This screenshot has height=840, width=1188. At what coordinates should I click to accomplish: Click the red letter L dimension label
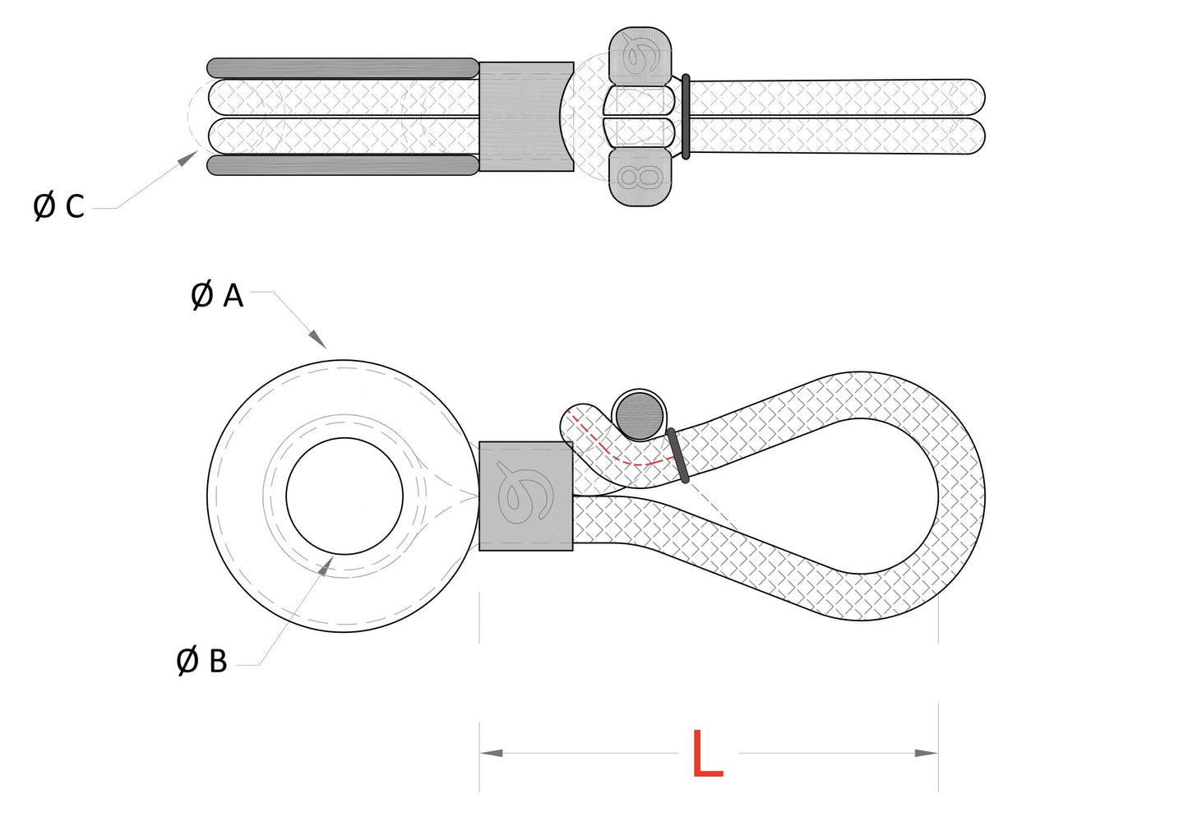click(707, 754)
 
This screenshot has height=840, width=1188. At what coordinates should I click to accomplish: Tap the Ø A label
click(217, 295)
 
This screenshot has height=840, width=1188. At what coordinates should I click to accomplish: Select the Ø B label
click(202, 660)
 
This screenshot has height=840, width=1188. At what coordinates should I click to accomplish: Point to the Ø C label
click(58, 206)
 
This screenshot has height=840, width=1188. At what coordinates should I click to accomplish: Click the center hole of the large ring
click(344, 496)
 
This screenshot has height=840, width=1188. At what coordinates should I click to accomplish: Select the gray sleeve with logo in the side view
click(525, 496)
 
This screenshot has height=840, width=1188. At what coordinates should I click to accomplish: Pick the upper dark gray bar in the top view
click(342, 67)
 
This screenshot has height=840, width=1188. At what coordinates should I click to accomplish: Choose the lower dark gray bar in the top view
click(342, 165)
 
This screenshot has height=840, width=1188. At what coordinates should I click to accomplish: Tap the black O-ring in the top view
click(686, 116)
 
